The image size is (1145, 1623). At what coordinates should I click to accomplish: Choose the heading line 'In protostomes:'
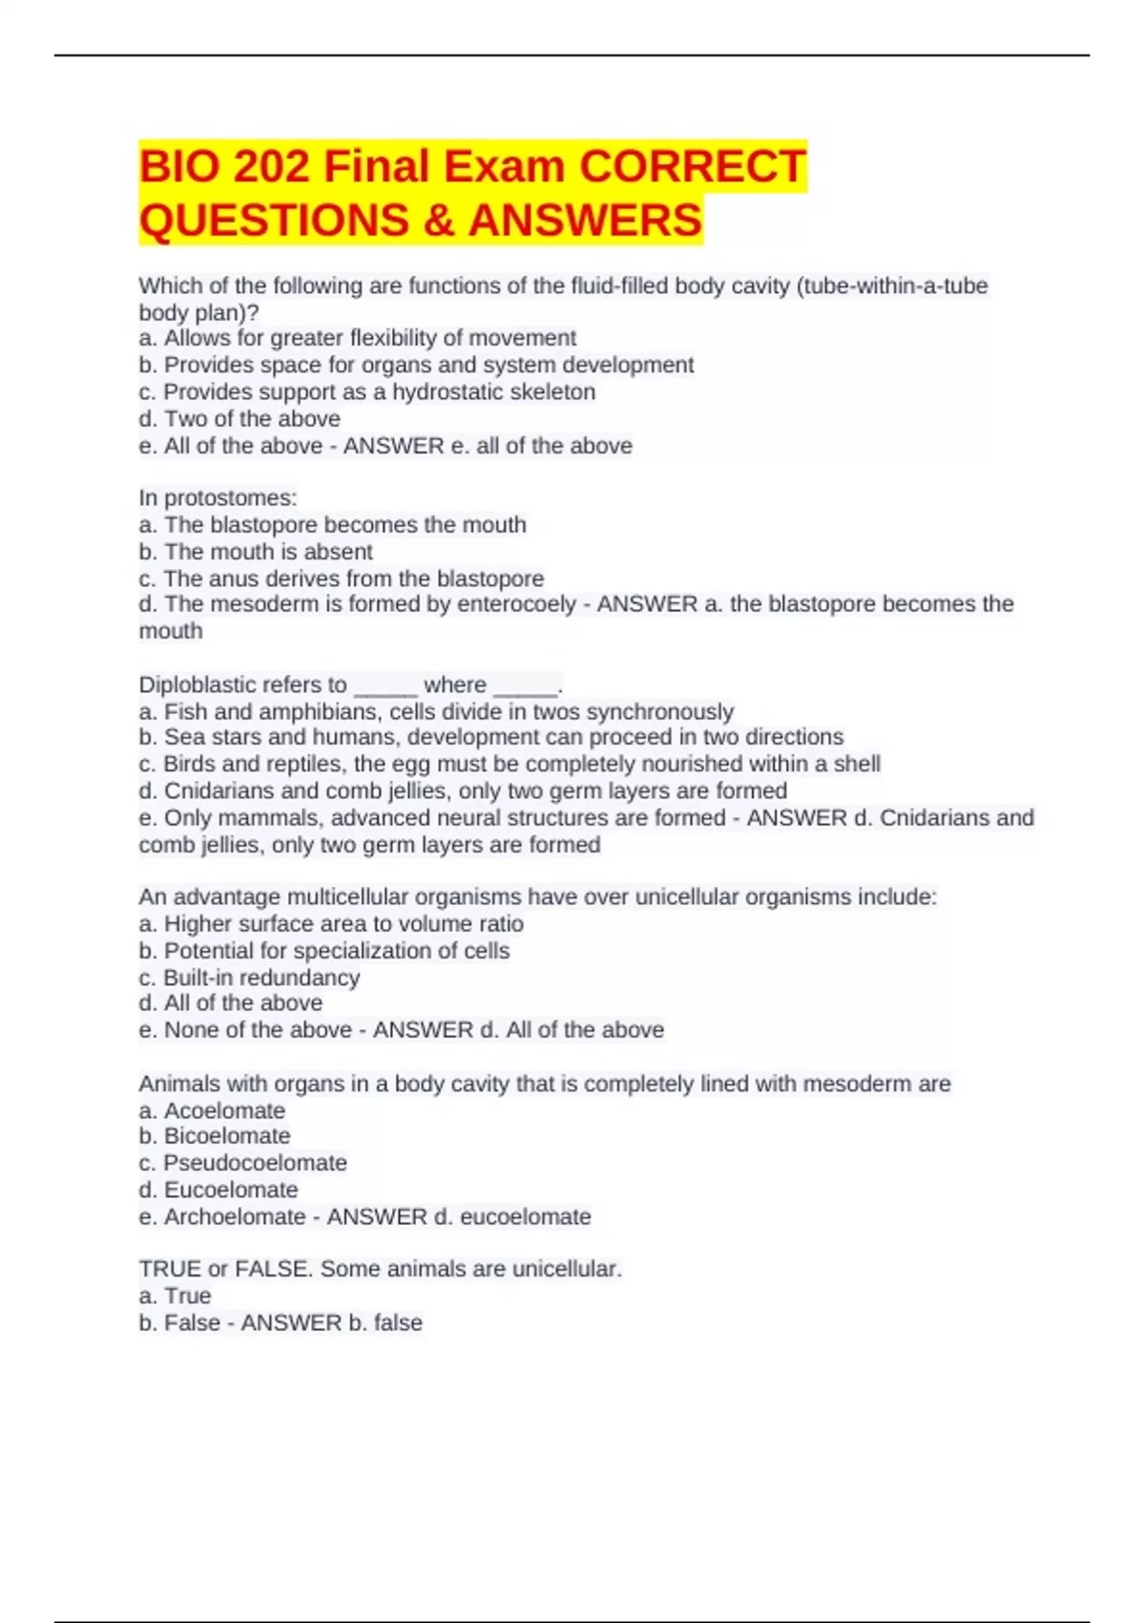218,497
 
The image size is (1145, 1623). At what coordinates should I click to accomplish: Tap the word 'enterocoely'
516,603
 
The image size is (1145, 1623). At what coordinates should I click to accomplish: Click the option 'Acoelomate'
224,1110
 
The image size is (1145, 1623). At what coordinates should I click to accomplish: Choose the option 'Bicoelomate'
227,1136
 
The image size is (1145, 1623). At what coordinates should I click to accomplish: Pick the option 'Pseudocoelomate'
255,1163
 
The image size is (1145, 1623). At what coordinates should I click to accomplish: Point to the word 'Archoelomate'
235,1216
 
